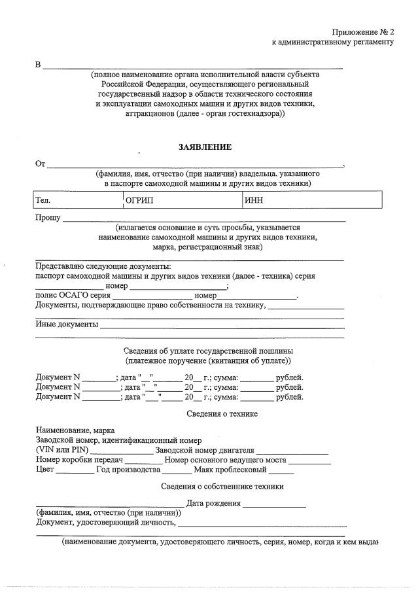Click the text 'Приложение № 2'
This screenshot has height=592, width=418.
362,31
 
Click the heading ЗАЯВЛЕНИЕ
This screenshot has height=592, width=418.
205,147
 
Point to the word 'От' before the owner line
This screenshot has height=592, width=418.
40,164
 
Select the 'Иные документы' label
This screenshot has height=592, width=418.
67,324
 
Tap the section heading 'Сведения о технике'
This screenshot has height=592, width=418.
222,414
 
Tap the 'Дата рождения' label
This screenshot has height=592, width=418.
213,504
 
